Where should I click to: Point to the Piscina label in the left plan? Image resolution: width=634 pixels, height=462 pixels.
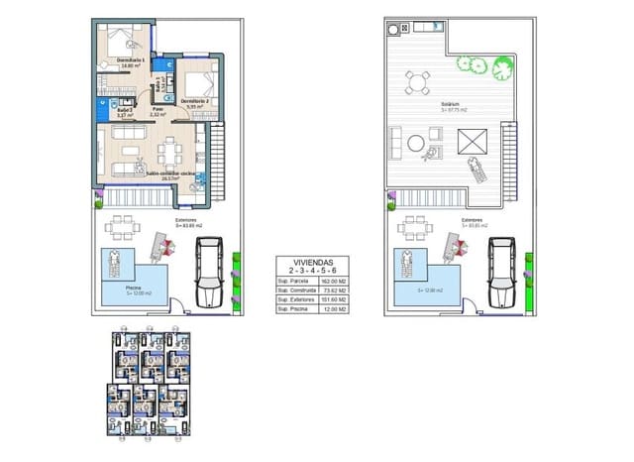pos(111,289)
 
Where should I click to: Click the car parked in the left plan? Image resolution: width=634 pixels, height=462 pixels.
pos(211,276)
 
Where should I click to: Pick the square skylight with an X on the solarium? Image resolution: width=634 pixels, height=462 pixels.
pos(473,139)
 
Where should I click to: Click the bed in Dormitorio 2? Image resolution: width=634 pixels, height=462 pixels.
pos(199,81)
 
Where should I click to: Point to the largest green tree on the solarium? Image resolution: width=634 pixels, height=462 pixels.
pos(474,65)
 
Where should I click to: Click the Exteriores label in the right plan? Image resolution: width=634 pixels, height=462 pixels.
pos(472,220)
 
